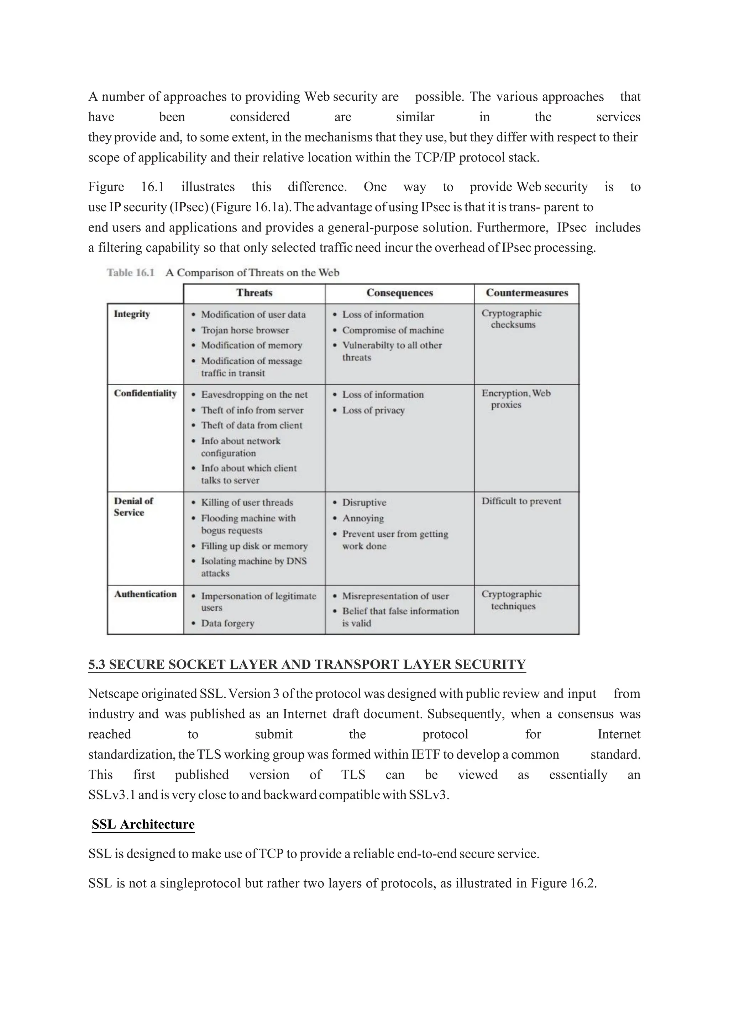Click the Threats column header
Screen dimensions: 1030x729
[254, 293]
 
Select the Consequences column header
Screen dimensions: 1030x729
[399, 293]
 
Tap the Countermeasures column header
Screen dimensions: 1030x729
[526, 293]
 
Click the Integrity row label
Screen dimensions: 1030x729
[131, 314]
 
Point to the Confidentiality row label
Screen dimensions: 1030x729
[145, 393]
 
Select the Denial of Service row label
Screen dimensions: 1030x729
[133, 507]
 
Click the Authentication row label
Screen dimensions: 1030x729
[145, 594]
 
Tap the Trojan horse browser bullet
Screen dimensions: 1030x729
[245, 330]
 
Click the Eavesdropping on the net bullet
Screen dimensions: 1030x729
[254, 395]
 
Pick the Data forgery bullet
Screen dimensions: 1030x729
[227, 623]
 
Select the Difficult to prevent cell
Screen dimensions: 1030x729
[521, 501]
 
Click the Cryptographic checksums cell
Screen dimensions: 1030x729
[512, 319]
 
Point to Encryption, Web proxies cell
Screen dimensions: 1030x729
[515, 399]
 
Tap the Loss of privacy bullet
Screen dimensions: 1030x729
[373, 410]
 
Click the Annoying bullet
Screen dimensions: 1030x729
[363, 519]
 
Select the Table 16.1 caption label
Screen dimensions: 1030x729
[131, 273]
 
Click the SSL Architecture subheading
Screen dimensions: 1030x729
[143, 824]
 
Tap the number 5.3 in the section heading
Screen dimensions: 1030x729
[96, 664]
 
